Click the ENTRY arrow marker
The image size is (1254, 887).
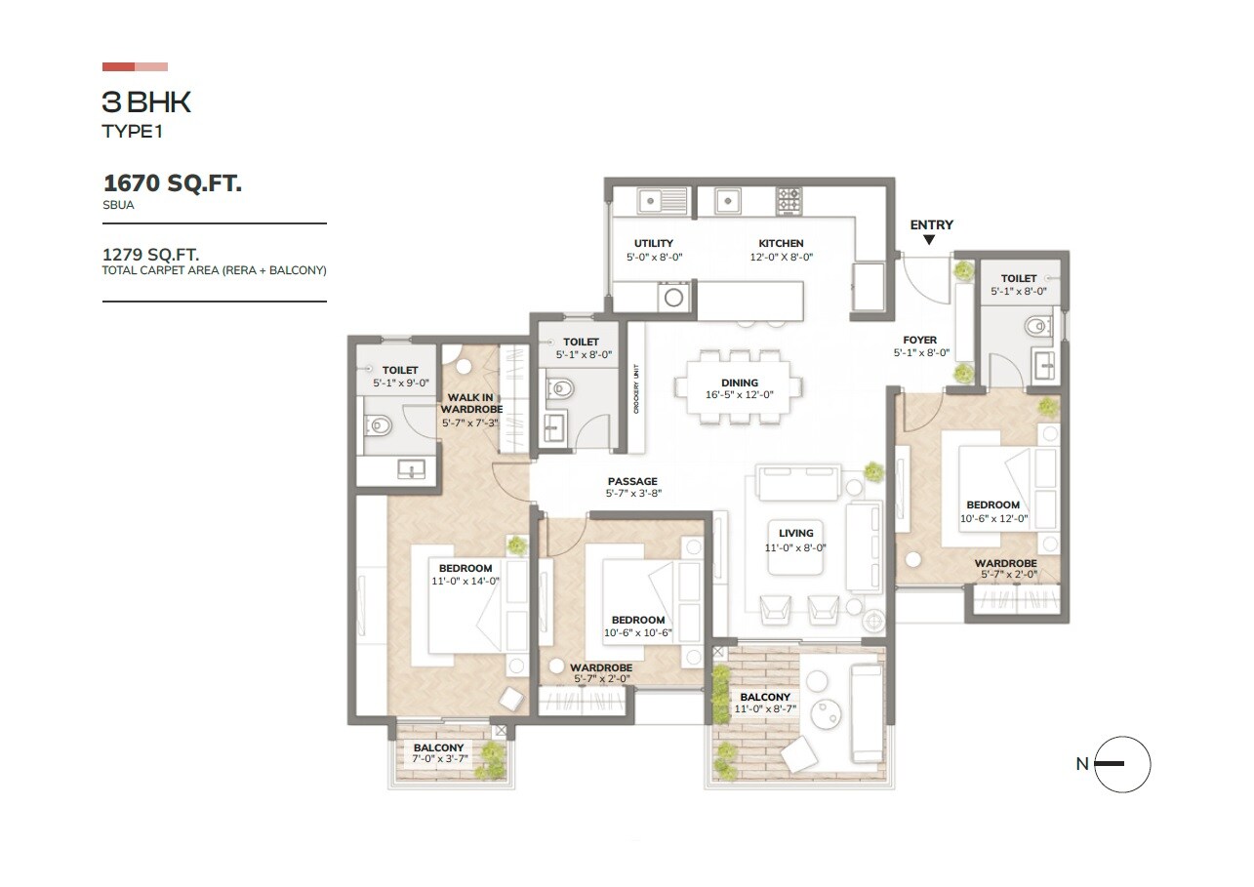pos(929,239)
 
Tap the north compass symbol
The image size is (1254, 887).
pos(1122,764)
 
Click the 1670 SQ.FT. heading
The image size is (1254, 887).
pos(173,182)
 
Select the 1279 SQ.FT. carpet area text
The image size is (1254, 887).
pos(151,255)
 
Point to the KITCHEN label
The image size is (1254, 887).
pos(781,243)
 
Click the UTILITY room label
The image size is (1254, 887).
pos(653,243)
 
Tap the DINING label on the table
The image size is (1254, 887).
pos(739,383)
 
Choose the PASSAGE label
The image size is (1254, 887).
pos(632,481)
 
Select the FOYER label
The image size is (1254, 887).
pos(919,341)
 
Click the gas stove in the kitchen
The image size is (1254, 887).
pos(789,200)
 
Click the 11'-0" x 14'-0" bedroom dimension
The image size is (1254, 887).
pos(465,581)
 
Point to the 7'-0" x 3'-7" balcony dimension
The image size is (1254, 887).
pos(438,760)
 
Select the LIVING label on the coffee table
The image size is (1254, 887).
pos(795,533)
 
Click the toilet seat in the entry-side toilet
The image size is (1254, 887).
pos(1035,325)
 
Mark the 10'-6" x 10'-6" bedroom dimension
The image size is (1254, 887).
pos(638,632)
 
